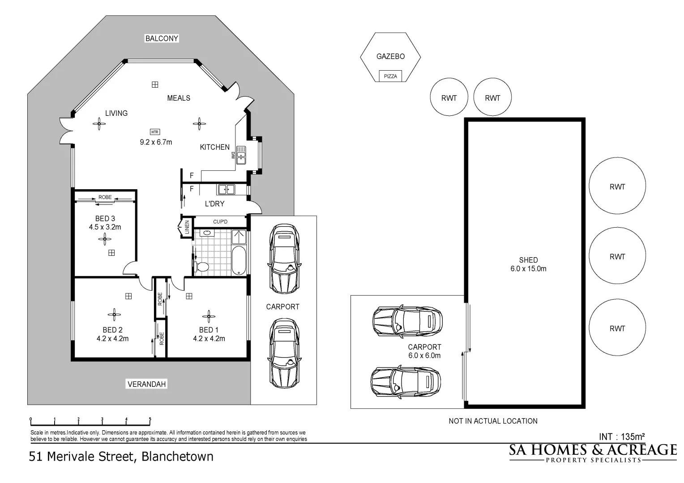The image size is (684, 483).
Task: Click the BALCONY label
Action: pos(162,38)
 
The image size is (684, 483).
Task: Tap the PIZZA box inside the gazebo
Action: pos(390,76)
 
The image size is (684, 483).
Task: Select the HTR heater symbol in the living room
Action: pos(155,132)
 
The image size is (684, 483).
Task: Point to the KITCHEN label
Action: pos(215,147)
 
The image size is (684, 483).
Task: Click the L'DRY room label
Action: pos(215,203)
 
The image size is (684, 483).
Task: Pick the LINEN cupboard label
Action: pos(187,227)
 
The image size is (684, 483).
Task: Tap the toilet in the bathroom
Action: pos(201,267)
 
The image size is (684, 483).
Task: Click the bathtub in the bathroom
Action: pos(239,261)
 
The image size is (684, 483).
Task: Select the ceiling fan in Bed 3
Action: pos(105,239)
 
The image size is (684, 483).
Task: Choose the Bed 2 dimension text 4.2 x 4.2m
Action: pos(112,339)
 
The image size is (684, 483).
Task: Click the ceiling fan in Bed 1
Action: pos(209,316)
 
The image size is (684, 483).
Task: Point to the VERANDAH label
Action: pos(146,384)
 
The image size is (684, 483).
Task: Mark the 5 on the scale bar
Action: pos(150,419)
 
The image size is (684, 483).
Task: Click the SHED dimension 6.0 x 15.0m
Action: pos(528,268)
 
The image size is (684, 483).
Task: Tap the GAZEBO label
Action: pos(390,56)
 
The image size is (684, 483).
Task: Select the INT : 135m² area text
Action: pos(622,436)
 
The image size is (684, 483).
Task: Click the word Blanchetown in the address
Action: pos(177,457)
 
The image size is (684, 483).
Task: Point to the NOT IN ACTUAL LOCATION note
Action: pos(493,421)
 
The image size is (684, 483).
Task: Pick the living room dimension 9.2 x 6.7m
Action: pos(156,142)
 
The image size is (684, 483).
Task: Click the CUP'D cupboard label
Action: pos(220,221)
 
